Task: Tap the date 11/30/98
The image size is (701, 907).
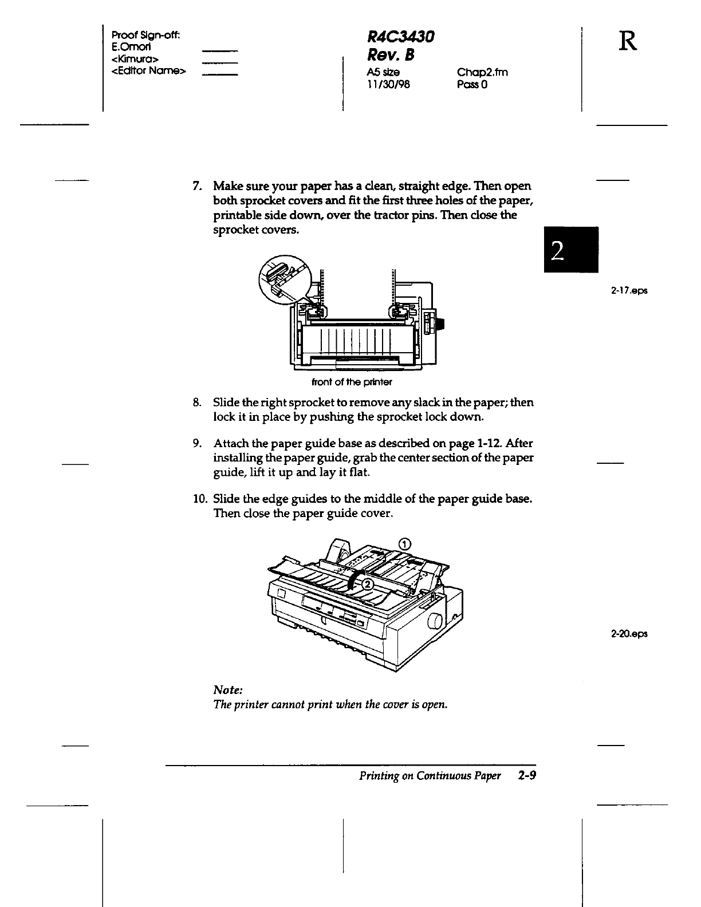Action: (x=388, y=85)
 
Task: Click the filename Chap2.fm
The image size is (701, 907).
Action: (x=482, y=72)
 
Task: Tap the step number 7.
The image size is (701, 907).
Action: (x=196, y=186)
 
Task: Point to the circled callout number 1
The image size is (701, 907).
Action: (x=404, y=543)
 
